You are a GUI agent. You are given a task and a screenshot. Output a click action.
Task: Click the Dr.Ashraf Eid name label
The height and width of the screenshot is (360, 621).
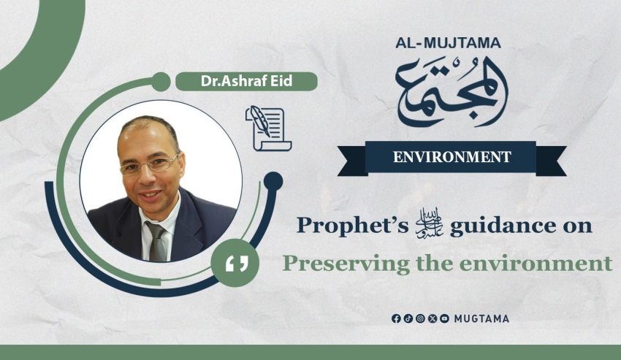(x=246, y=81)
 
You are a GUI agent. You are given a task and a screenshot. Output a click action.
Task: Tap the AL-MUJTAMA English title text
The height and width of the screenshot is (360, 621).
(x=448, y=43)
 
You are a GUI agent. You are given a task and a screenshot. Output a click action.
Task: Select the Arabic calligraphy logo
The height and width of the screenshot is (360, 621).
(x=452, y=92)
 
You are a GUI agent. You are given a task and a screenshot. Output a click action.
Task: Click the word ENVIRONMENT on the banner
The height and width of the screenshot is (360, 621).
(x=452, y=157)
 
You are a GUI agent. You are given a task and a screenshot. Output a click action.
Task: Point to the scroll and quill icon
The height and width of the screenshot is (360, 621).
(x=269, y=129)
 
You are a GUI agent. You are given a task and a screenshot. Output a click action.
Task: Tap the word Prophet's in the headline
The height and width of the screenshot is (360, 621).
(x=352, y=226)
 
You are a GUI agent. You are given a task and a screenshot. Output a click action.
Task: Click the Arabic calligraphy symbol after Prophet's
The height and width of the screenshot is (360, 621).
(x=429, y=226)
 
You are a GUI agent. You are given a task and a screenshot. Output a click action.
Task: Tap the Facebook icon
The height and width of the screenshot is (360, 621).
(x=396, y=318)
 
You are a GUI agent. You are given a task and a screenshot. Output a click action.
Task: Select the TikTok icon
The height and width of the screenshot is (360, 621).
(x=408, y=318)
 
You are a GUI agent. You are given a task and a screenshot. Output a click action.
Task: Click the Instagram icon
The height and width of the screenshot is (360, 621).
(x=421, y=318)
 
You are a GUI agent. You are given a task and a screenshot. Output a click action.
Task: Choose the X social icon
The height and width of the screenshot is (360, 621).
(x=433, y=318)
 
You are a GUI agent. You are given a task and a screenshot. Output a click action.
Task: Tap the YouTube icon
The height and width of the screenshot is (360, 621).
(x=444, y=318)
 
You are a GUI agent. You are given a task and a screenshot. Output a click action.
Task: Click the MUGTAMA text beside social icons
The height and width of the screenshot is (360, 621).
(x=481, y=319)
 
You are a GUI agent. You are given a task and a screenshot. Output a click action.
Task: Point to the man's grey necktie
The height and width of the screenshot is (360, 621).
(x=157, y=242)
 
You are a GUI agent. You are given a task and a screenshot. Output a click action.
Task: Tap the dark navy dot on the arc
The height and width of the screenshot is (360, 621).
(x=273, y=182)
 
